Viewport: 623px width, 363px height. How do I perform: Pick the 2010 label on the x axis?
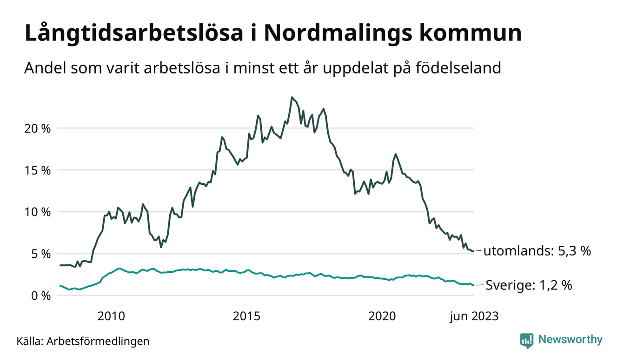click(112, 316)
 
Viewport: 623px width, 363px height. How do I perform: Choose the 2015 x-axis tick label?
click(246, 316)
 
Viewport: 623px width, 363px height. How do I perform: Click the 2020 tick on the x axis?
click(382, 316)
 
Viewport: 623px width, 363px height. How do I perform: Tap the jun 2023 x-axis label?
click(474, 316)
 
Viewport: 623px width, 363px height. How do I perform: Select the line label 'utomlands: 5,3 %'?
click(537, 251)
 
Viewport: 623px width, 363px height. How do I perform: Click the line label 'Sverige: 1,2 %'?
click(529, 285)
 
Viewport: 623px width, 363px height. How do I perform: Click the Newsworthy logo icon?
click(527, 340)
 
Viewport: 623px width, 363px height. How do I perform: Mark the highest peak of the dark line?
click(292, 97)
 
